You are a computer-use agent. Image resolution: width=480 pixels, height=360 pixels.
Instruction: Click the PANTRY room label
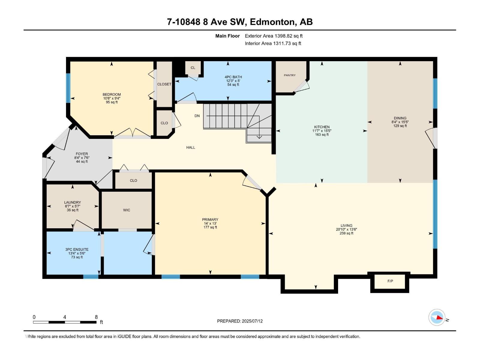point(289,75)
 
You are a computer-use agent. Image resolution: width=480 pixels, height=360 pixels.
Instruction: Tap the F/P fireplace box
point(390,281)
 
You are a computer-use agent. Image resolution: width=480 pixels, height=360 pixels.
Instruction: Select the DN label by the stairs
point(197,116)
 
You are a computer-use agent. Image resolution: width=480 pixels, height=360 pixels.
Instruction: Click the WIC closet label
point(127,210)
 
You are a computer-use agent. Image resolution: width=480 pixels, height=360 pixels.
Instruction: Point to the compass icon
point(437,317)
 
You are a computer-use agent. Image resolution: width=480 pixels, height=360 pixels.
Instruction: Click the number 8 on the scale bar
point(96,317)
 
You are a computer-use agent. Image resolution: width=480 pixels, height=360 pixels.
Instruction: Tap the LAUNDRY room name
point(72,202)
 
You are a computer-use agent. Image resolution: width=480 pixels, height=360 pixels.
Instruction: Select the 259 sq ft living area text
point(346,233)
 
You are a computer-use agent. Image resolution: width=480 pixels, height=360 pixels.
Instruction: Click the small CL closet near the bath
point(193,67)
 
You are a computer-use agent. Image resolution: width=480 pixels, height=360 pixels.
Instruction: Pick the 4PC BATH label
point(233,77)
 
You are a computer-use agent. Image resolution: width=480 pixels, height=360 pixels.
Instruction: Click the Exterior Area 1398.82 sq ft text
point(273,36)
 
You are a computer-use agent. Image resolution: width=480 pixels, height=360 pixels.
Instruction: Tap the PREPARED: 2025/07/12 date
point(240,321)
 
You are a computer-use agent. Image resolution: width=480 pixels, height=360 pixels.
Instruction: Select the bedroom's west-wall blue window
point(68,88)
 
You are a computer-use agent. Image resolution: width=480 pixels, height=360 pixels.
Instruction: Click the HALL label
point(190,147)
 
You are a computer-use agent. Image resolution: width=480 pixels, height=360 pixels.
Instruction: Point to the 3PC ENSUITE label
point(77,250)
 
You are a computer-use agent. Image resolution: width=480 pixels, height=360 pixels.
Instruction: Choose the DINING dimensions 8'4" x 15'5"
point(400,122)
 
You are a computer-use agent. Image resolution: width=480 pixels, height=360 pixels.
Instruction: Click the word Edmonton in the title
point(272,22)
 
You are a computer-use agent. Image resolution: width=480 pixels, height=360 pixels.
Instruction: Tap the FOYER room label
point(82,154)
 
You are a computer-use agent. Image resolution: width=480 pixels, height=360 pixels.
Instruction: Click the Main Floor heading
point(227,36)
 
